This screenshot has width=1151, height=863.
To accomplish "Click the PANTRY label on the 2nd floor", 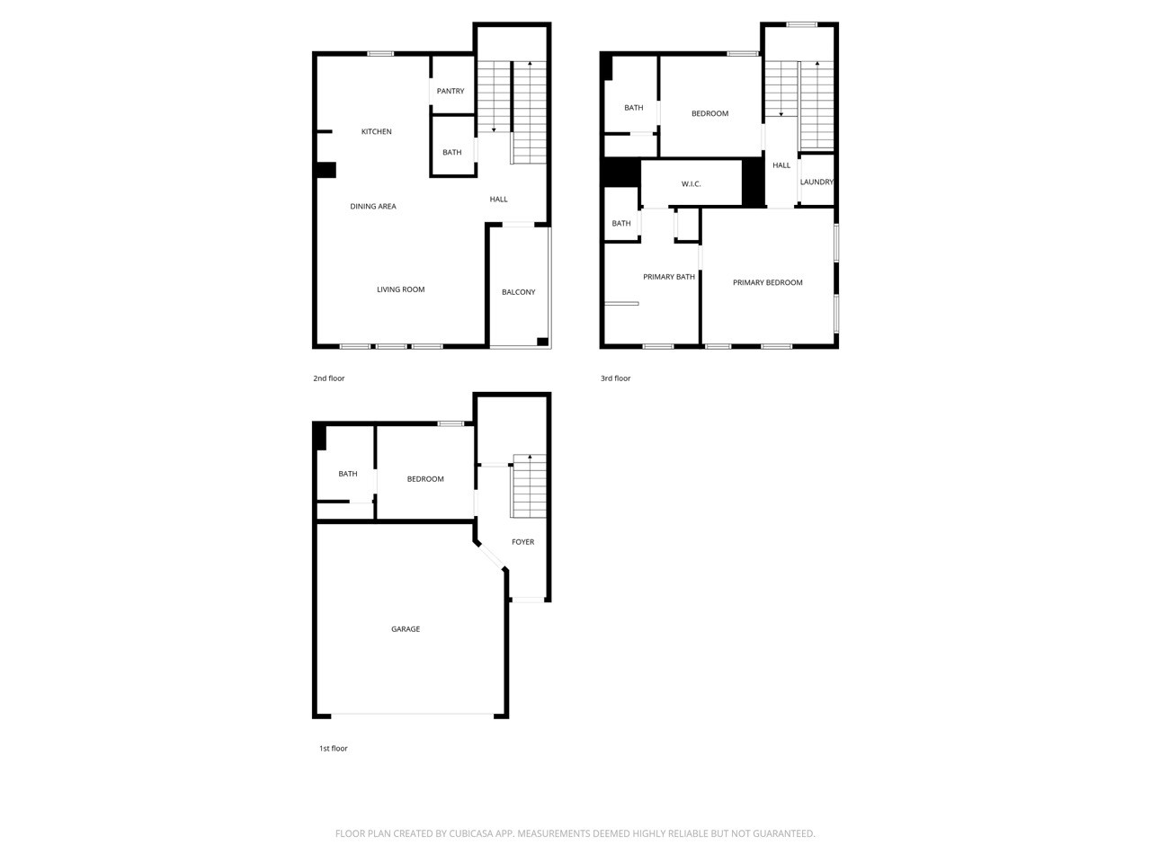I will point(451,91).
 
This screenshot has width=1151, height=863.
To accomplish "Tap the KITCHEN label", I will point(377,132).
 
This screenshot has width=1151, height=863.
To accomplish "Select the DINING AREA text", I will point(373,207).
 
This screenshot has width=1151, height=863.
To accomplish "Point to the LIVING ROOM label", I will point(400,289).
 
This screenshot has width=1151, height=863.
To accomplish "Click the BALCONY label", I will point(519,292).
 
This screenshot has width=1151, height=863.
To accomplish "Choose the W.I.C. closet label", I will point(691,184).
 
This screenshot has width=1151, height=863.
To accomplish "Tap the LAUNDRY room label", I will point(816,182).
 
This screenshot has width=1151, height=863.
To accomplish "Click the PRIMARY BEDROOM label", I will point(767,283).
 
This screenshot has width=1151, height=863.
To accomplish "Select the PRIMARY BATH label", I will point(669,277).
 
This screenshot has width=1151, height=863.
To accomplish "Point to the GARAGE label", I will point(406,629).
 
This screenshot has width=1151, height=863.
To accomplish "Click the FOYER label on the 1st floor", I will point(522,542).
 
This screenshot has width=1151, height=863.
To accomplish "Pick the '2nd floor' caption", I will point(329,378).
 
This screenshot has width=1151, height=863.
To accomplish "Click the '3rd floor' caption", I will point(616,378).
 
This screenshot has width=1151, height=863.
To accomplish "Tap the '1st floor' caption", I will point(334,749).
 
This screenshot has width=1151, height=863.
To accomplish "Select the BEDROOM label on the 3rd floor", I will point(709,114).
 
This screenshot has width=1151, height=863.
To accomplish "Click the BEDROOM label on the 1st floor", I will point(425,479).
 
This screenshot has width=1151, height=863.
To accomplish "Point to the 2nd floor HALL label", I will point(498,200).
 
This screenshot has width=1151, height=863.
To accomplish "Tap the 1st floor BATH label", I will point(348,475).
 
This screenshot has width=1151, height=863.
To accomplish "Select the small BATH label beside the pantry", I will point(452,153).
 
